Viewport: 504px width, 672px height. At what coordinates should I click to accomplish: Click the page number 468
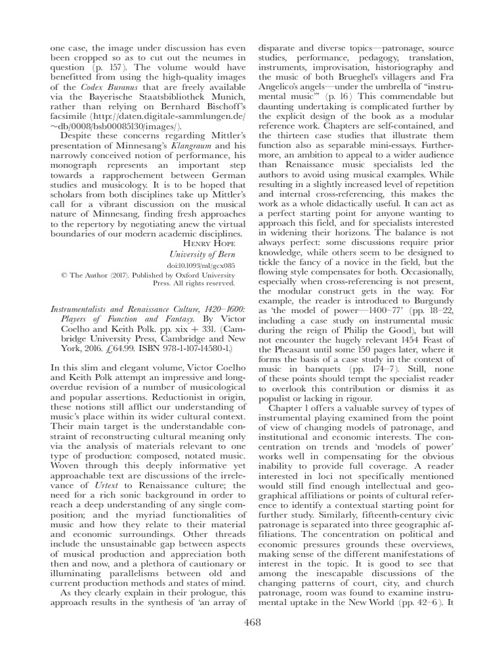(252, 621)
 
